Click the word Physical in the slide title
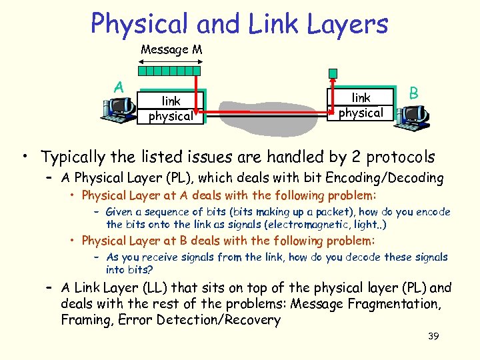tap(139, 24)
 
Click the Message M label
tap(171, 50)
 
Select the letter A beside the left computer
tap(119, 87)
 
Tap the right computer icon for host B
tap(411, 117)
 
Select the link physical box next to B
tap(361, 105)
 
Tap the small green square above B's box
tap(333, 73)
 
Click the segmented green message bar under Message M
tap(169, 69)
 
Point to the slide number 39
tap(433, 337)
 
